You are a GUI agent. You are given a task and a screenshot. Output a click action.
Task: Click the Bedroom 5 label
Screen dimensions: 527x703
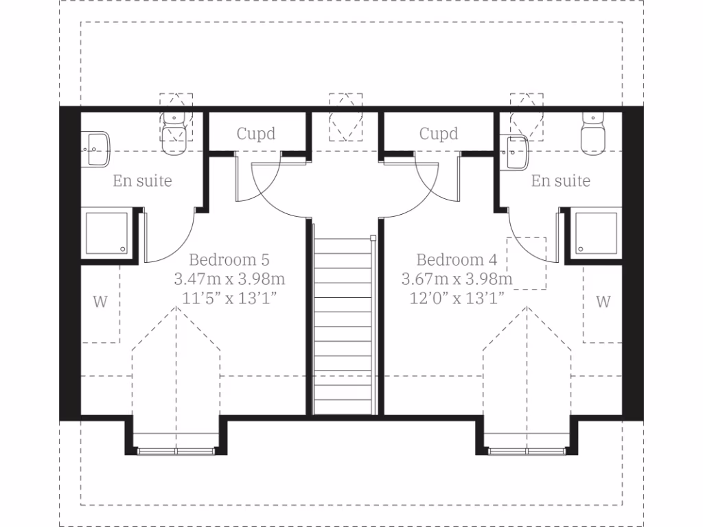(x=229, y=260)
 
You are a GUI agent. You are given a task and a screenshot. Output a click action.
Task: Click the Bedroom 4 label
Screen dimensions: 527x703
(x=457, y=260)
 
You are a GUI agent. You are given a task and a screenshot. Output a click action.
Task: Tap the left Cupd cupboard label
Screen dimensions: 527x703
(x=256, y=133)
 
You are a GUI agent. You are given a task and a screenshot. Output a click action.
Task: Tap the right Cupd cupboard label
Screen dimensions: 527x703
(x=439, y=133)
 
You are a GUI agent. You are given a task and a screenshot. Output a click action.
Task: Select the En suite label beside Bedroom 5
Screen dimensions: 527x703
(x=143, y=181)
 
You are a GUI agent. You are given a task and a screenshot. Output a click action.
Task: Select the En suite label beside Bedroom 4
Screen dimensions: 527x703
(x=561, y=181)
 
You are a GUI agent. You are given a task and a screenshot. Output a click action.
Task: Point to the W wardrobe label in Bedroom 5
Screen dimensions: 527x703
(x=100, y=302)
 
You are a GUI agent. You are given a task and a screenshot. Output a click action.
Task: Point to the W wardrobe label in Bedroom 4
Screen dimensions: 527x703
(x=603, y=302)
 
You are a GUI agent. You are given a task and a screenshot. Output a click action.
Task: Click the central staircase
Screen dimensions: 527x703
(x=344, y=323)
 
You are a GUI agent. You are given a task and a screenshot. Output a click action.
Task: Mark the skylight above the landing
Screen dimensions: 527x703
(x=345, y=117)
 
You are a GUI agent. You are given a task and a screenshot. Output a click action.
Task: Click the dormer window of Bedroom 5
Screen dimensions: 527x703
(x=176, y=450)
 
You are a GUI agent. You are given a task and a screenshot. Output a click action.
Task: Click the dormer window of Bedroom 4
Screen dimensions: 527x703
(x=527, y=450)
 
